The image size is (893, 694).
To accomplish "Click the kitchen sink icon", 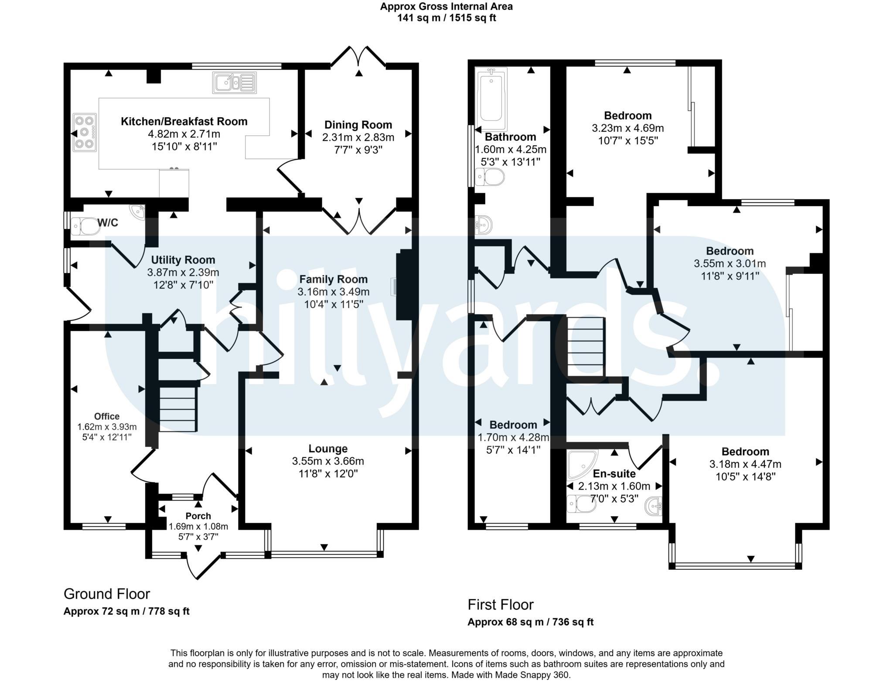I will tap(234, 82).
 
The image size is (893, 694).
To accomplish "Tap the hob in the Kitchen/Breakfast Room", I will tap(85, 133).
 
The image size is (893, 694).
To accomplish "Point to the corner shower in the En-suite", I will tap(582, 465).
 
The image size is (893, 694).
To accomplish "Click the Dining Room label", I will tap(358, 125).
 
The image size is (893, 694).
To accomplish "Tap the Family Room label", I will tap(333, 279).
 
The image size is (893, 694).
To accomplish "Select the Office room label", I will tap(106, 416).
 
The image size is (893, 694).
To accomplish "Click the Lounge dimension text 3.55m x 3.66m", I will tap(328, 461).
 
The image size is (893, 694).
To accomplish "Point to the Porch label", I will tap(198, 516).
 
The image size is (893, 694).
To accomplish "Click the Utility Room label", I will tap(183, 260).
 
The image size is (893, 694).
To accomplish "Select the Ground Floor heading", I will tap(106, 594).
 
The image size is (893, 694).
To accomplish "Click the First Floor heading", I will tap(500, 605).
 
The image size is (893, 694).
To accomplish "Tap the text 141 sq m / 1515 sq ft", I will tap(446, 18).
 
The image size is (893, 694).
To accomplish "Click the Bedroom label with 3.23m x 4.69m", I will tap(627, 116).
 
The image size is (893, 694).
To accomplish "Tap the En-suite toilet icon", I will tap(578, 505).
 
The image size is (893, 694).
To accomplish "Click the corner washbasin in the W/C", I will tap(138, 211).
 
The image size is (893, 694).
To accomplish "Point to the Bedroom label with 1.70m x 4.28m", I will tap(513, 425).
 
